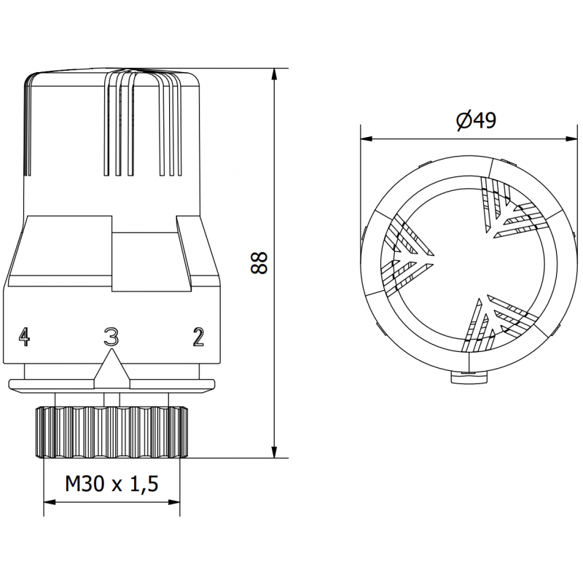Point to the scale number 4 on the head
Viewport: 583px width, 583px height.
pyautogui.click(x=25, y=337)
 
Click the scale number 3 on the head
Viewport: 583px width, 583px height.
pyautogui.click(x=111, y=337)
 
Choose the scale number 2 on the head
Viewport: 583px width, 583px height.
pyautogui.click(x=197, y=337)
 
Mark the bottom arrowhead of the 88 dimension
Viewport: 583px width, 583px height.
pyautogui.click(x=275, y=452)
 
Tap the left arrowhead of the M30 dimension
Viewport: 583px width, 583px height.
pyautogui.click(x=50, y=502)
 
